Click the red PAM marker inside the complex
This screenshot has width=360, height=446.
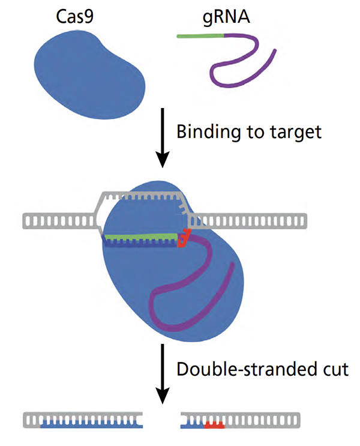click(185, 239)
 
